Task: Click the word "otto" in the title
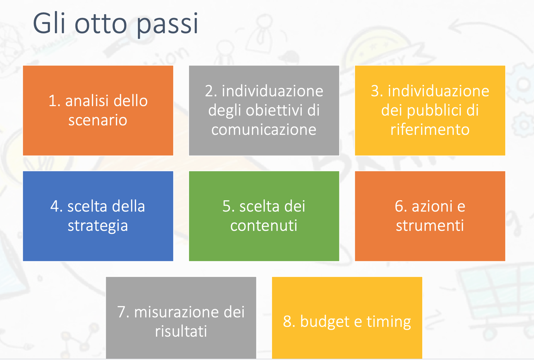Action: pyautogui.click(x=101, y=24)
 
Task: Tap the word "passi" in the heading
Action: pyautogui.click(x=168, y=25)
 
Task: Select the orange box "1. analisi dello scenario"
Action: pyautogui.click(x=98, y=111)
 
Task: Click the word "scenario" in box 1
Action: pyautogui.click(x=98, y=120)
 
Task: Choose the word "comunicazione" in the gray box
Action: pyautogui.click(x=264, y=129)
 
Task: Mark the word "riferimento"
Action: pyautogui.click(x=430, y=129)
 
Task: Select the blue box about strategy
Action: pyautogui.click(x=98, y=216)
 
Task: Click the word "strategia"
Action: pyautogui.click(x=98, y=226)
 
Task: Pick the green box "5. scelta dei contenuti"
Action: pyautogui.click(x=264, y=216)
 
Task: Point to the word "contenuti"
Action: pyautogui.click(x=264, y=226)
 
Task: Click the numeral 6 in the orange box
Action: pyautogui.click(x=399, y=206)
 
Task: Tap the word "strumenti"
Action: pyautogui.click(x=430, y=226)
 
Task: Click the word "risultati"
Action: pyautogui.click(x=181, y=331)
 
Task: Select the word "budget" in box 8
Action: pyautogui.click(x=325, y=322)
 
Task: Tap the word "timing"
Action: pyautogui.click(x=389, y=322)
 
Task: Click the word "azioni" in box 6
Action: pyautogui.click(x=432, y=206)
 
